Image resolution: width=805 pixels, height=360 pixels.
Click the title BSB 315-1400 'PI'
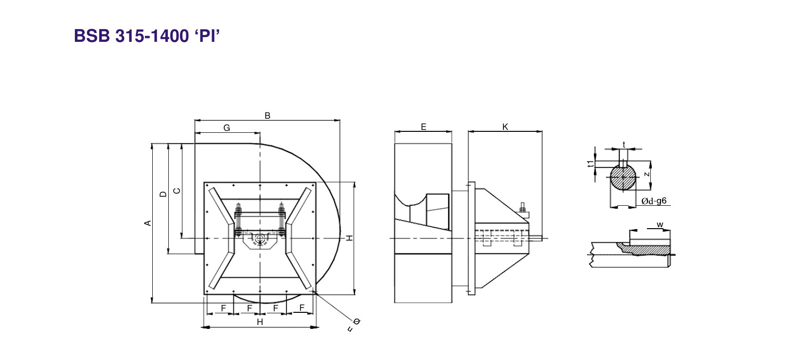146,36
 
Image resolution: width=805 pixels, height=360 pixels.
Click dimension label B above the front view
268,116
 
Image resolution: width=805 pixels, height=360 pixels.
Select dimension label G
227,128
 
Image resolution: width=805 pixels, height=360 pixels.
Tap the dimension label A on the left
148,223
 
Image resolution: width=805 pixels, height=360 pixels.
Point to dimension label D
163,194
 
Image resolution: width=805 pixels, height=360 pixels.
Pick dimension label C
177,191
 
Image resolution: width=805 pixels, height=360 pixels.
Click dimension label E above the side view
424,127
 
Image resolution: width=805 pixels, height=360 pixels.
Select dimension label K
505,127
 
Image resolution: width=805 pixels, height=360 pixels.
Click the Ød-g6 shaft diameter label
654,201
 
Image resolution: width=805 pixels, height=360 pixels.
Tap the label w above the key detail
660,225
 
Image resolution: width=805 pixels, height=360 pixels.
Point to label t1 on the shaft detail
590,164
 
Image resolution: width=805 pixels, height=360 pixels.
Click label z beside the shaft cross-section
646,174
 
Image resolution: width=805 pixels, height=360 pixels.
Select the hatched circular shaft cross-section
623,178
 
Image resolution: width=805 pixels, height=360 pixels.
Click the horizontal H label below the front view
260,322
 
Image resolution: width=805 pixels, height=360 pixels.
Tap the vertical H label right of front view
350,238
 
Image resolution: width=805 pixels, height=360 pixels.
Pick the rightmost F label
302,308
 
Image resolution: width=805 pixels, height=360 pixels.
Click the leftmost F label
223,308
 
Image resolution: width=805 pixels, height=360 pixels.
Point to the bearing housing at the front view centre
260,240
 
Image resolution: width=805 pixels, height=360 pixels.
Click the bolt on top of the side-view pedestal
522,207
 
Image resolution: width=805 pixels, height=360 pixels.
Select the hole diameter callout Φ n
354,325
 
